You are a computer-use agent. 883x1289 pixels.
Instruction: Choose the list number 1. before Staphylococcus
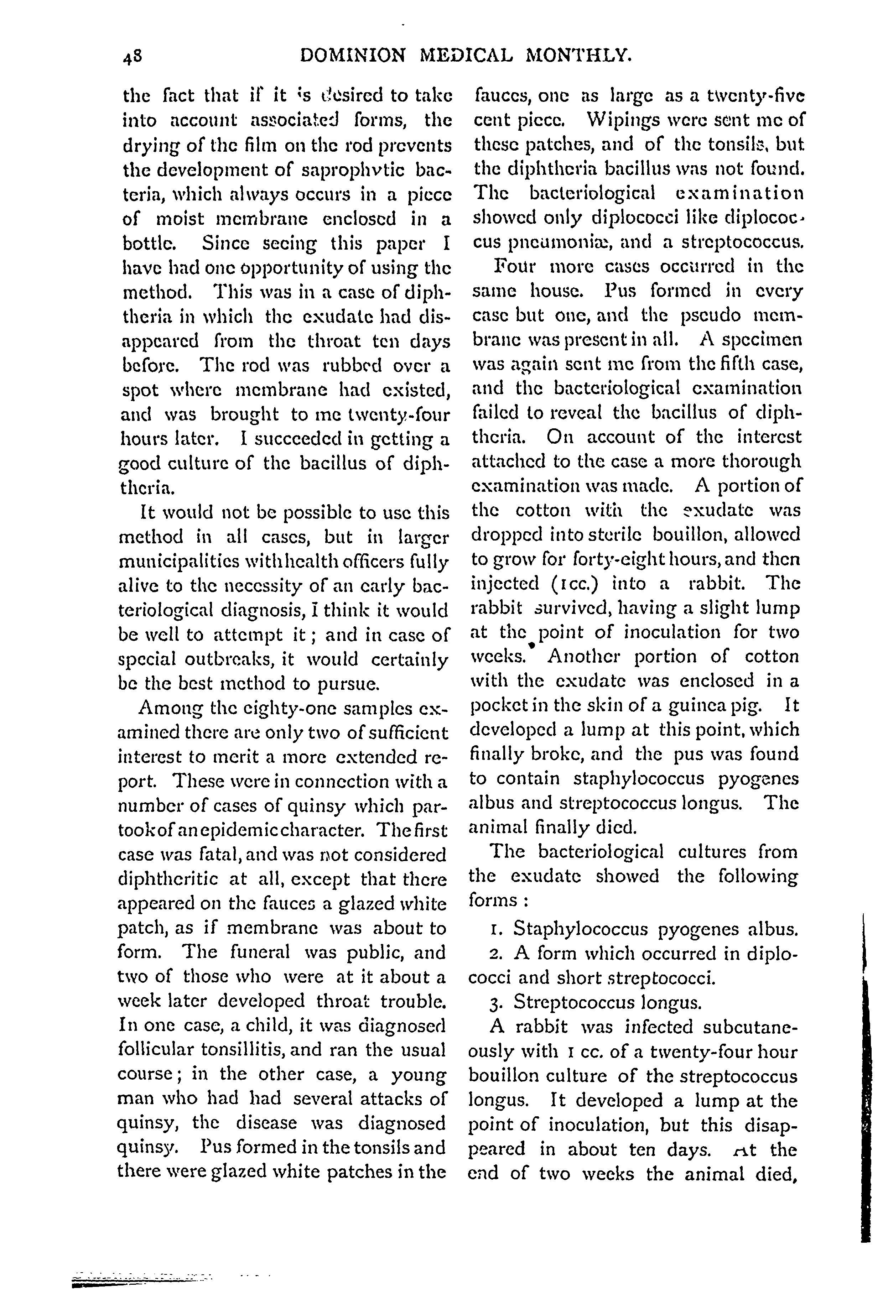(497, 930)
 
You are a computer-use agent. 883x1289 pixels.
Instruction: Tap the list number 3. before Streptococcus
(497, 1003)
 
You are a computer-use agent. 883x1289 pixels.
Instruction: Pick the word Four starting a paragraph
(516, 266)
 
